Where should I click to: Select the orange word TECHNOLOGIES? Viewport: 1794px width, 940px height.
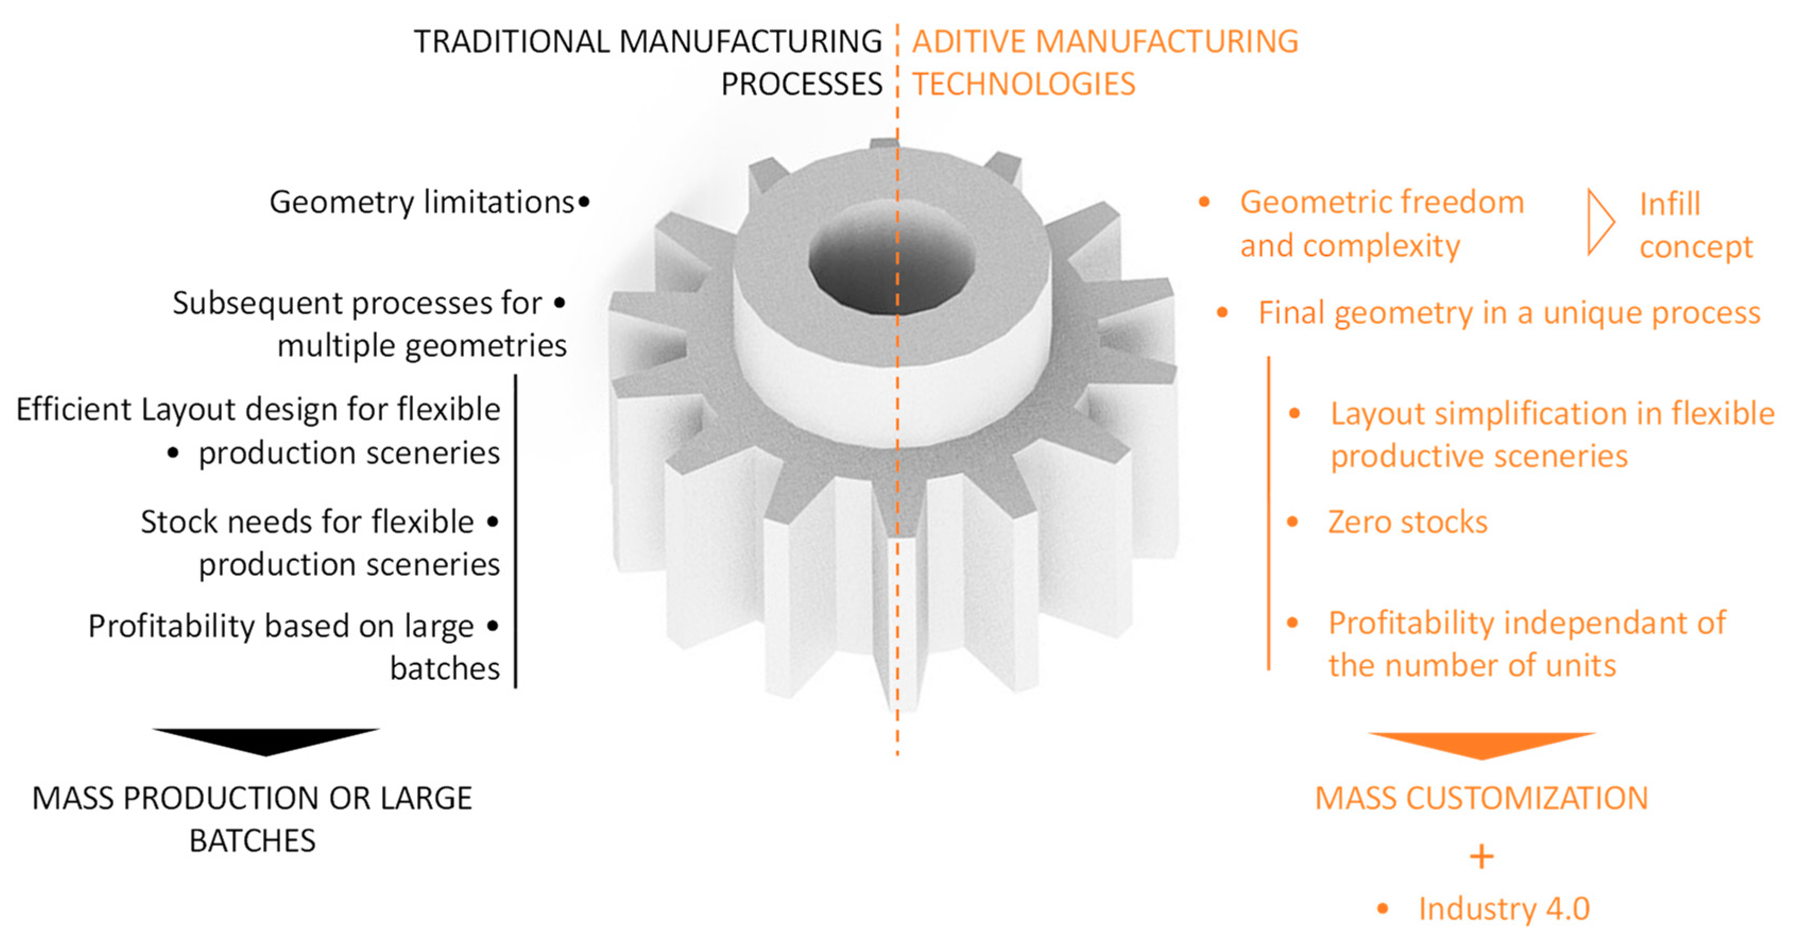(1024, 84)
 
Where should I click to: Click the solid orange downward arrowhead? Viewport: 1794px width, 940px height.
(1481, 744)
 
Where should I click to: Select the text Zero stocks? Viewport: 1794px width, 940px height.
(1407, 522)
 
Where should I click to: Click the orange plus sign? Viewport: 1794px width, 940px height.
(1481, 857)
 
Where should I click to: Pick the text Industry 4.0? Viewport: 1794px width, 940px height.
(1504, 909)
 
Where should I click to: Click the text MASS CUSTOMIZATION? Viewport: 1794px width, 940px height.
(1481, 798)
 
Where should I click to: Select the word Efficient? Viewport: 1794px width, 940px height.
(74, 409)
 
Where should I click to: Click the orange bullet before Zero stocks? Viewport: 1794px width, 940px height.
(1293, 522)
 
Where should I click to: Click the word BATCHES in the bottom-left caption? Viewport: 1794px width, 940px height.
(252, 841)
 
